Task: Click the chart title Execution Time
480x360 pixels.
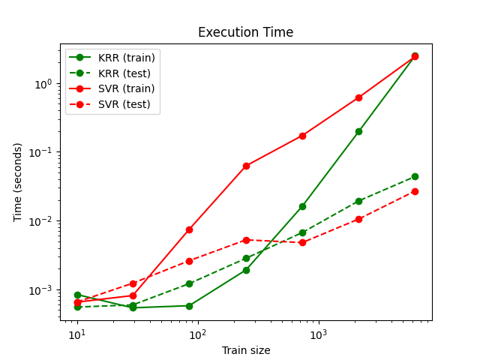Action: pyautogui.click(x=245, y=33)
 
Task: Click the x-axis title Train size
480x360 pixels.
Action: pyautogui.click(x=245, y=350)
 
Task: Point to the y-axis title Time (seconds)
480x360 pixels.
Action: pyautogui.click(x=18, y=182)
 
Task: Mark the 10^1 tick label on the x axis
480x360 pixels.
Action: pyautogui.click(x=76, y=334)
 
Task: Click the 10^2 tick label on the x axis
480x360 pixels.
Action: pyautogui.click(x=198, y=334)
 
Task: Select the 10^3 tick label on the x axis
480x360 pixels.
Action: pyautogui.click(x=319, y=334)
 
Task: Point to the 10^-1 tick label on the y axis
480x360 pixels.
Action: pyautogui.click(x=41, y=152)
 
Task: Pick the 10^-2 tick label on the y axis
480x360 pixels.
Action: pyautogui.click(x=41, y=221)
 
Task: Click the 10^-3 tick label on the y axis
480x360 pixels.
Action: pyautogui.click(x=41, y=290)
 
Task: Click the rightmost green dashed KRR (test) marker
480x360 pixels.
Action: pyautogui.click(x=415, y=176)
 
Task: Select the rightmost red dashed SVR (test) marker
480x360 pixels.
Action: pyautogui.click(x=415, y=191)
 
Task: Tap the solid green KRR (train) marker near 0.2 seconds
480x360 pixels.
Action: pyautogui.click(x=358, y=131)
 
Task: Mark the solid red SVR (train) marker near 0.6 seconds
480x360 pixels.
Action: pyautogui.click(x=358, y=97)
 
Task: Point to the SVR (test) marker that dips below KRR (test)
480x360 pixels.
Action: pyautogui.click(x=302, y=242)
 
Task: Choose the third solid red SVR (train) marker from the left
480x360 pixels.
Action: pyautogui.click(x=190, y=229)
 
